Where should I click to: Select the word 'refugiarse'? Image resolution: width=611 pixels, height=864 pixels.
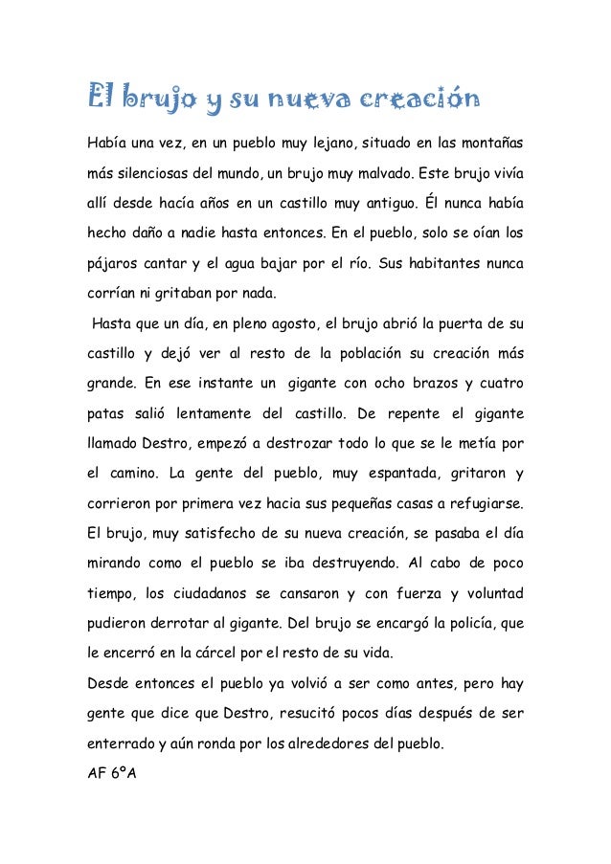click(x=487, y=503)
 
